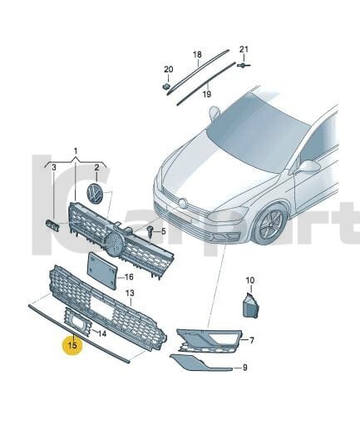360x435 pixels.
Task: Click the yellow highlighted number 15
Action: point(72,344)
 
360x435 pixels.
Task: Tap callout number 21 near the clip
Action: point(244,49)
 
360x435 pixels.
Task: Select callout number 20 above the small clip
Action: point(167,69)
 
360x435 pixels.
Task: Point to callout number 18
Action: point(197,55)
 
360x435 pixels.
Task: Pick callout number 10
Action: point(250,280)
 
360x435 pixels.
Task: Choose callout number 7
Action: point(252,340)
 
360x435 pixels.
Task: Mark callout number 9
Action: point(245,367)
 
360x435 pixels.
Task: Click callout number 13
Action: point(129,294)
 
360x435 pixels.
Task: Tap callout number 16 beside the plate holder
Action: point(129,277)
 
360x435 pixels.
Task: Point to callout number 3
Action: point(54,167)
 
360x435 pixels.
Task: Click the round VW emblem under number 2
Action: point(96,195)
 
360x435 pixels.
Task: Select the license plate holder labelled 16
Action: point(102,270)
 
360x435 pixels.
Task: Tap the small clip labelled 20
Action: point(166,85)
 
